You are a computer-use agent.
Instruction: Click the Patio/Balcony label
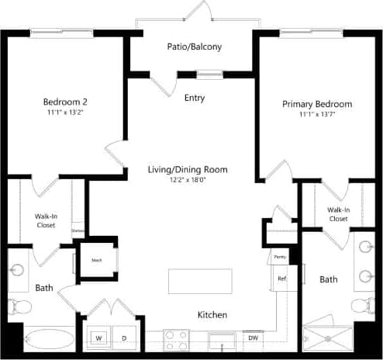[194, 47]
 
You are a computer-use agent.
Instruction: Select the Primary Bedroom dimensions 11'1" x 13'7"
[316, 116]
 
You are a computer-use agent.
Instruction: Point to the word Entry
[195, 99]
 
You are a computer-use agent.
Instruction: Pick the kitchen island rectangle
[200, 281]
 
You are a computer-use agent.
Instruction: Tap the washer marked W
[99, 338]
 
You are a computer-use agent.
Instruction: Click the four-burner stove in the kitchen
[176, 339]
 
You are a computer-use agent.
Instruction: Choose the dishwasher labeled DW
[253, 337]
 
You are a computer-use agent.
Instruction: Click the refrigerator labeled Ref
[282, 279]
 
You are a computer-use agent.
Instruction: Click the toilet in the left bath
[19, 309]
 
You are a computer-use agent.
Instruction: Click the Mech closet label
[97, 260]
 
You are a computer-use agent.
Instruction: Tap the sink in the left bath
[17, 269]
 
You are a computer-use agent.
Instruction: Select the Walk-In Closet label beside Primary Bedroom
[337, 214]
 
